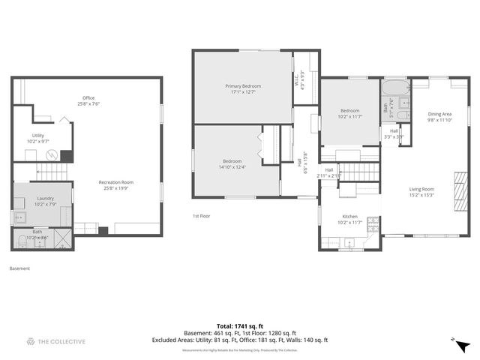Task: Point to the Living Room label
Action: pyautogui.click(x=421, y=191)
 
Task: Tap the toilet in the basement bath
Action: pyautogui.click(x=21, y=241)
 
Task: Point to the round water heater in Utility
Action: pyautogui.click(x=52, y=156)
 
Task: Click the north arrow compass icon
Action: pyautogui.click(x=462, y=344)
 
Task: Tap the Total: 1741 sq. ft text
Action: pyautogui.click(x=240, y=326)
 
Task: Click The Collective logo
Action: pyautogui.click(x=56, y=342)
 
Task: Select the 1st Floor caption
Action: pyautogui.click(x=200, y=215)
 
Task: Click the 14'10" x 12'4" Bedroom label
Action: pyautogui.click(x=232, y=163)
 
